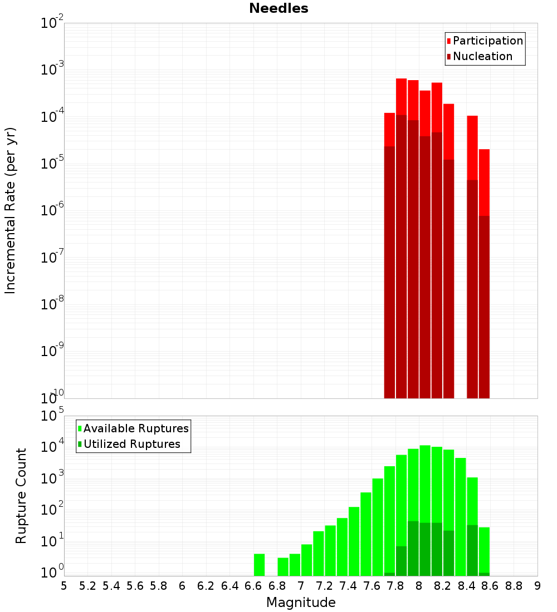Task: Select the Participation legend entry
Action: coord(485,41)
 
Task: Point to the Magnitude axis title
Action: coord(301,603)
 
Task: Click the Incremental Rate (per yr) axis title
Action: coord(11,210)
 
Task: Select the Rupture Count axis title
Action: coord(21,496)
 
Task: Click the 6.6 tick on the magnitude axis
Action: coord(253,586)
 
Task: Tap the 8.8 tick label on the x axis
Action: coord(514,586)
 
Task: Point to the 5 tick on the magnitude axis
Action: coord(64,586)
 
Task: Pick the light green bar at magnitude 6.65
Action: coord(259,565)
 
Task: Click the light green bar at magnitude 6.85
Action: coord(283,566)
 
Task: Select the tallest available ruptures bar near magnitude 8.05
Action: coord(425,484)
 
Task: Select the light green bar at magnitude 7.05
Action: coord(306,560)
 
